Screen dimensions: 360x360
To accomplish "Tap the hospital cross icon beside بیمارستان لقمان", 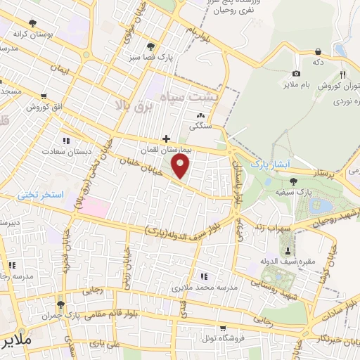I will point(166,139).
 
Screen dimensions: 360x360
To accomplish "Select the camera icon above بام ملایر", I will point(296,74).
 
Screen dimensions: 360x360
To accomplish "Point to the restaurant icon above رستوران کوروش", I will point(343,75).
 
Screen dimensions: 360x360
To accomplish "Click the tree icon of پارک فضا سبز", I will point(150,46).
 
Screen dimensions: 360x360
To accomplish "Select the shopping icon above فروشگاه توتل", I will point(222,327).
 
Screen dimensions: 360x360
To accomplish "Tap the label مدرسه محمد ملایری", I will point(204,288).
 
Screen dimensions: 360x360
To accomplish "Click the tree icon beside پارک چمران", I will point(60,304).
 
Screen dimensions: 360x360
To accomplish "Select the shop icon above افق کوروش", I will point(44,96).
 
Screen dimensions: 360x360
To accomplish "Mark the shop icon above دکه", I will point(319,51).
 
